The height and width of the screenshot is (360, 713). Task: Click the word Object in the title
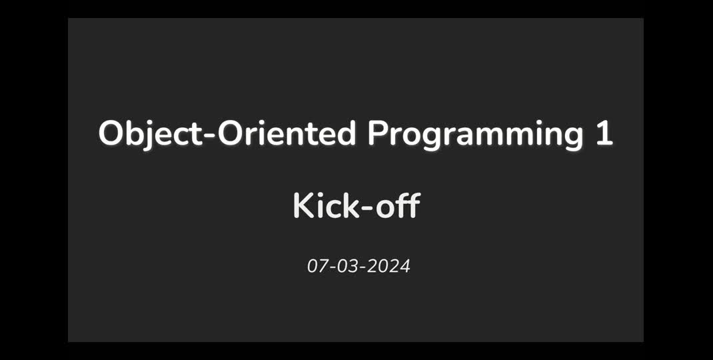(x=149, y=134)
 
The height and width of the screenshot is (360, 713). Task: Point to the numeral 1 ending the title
(x=604, y=134)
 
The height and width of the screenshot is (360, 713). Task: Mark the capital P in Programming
(x=378, y=134)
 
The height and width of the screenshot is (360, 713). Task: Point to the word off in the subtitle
(x=398, y=206)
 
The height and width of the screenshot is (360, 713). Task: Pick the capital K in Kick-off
(x=303, y=206)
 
